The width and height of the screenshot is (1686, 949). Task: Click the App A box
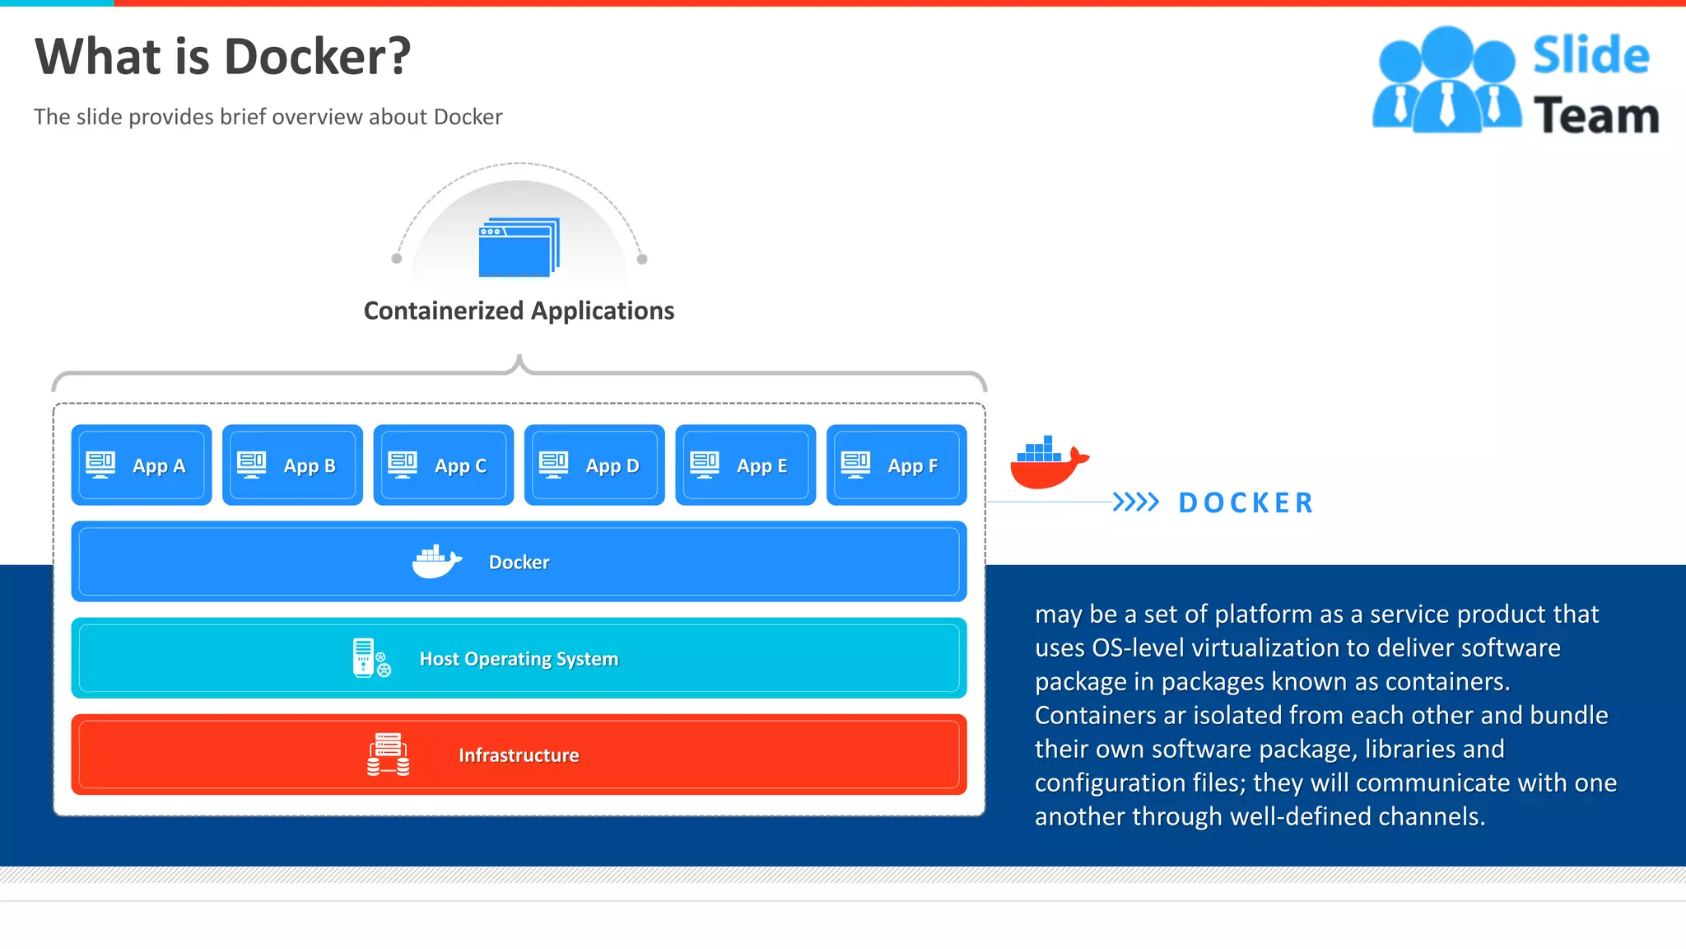(141, 465)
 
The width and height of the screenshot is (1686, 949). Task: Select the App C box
(443, 465)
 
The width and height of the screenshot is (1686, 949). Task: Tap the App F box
(896, 465)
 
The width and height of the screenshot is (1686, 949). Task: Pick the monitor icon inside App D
(553, 464)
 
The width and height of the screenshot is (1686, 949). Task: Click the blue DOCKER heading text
(1246, 503)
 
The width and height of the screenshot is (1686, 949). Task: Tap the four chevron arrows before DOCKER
(1135, 502)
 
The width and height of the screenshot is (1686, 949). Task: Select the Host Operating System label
(519, 659)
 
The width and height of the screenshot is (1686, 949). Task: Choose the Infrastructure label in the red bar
(519, 755)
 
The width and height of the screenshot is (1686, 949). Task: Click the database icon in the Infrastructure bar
(388, 755)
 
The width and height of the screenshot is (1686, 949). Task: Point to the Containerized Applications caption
(519, 311)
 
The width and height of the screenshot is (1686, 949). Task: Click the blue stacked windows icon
(519, 247)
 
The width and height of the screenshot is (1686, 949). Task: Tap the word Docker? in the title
(317, 57)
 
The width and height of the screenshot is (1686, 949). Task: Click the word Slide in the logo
(1591, 56)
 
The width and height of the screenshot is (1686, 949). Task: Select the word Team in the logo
(1595, 115)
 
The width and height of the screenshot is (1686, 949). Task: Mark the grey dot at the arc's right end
(642, 259)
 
